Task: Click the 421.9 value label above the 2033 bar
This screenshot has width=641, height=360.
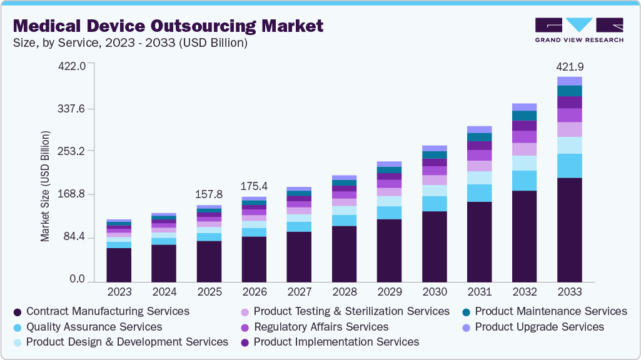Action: coord(569,67)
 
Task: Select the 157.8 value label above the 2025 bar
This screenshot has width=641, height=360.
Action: coord(209,194)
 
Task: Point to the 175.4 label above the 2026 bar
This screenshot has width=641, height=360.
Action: coord(254,186)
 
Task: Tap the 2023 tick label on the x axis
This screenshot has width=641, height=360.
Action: coord(119,292)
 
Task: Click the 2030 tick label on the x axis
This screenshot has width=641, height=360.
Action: coord(434,292)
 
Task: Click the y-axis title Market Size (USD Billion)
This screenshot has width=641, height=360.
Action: coord(45,186)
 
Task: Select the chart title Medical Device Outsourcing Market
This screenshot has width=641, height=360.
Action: coord(168,26)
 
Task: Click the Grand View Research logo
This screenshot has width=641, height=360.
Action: coord(579,29)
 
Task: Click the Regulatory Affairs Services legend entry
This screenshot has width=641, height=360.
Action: coord(321,327)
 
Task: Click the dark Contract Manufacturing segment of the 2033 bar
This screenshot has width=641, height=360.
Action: coord(569,230)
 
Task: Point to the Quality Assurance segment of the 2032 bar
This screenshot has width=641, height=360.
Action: coord(524,181)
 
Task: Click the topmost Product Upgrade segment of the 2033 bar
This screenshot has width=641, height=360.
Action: coord(569,81)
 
